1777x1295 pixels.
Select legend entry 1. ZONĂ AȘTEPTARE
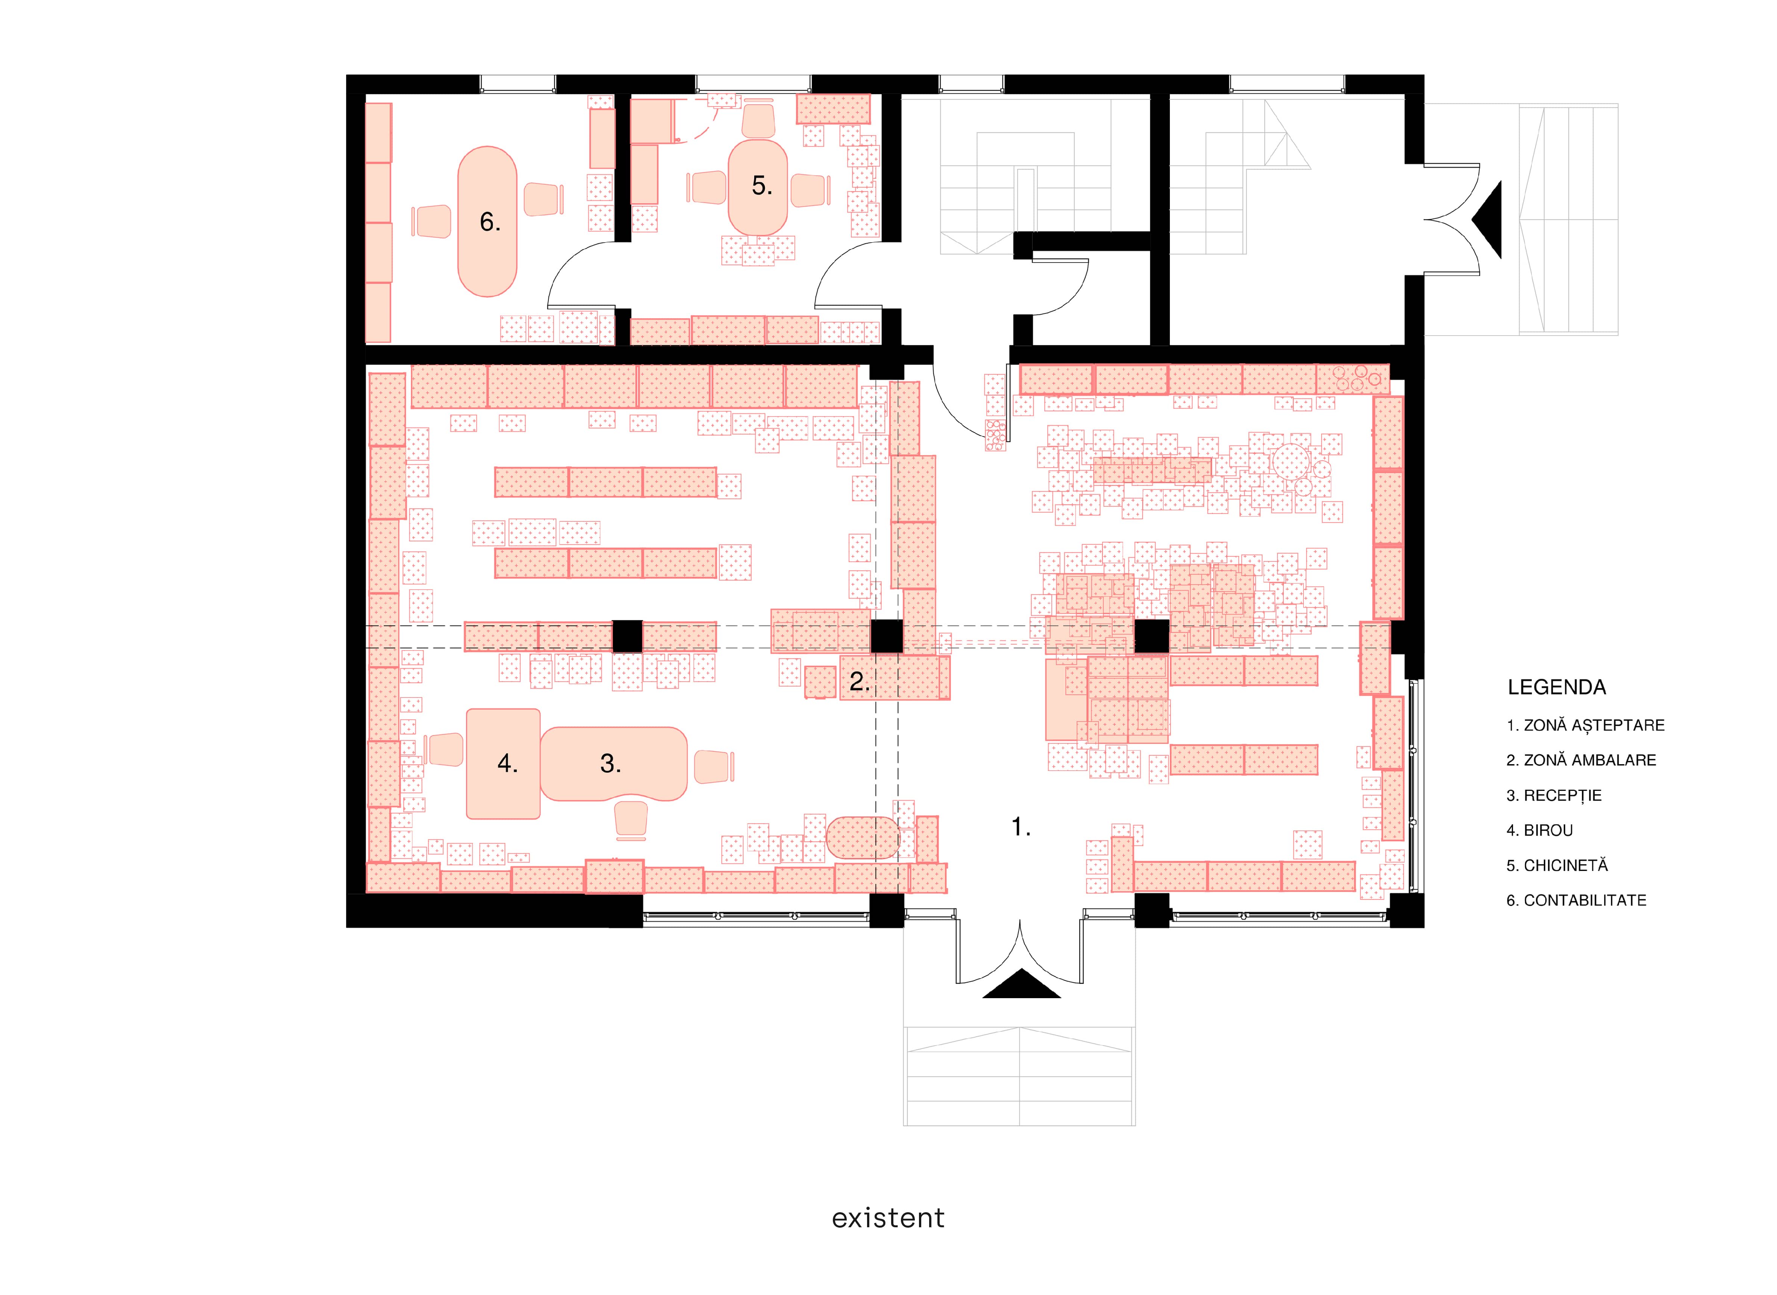point(1585,725)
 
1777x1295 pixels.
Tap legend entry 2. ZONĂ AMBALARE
point(1581,760)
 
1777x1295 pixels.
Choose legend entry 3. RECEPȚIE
point(1554,795)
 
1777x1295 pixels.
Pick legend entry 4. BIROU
point(1540,830)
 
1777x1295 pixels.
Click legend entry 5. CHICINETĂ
point(1557,865)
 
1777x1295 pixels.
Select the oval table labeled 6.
point(488,222)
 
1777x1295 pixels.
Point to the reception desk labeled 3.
point(613,763)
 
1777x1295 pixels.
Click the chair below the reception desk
point(631,819)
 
